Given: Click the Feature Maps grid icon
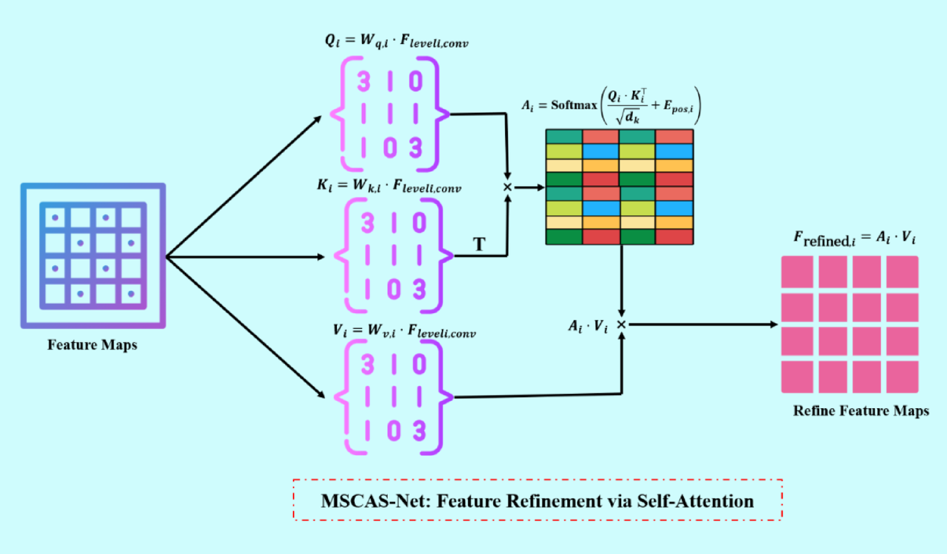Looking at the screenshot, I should (93, 256).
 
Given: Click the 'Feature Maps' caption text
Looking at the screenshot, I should (92, 345).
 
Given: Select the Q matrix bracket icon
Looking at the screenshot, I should (390, 114).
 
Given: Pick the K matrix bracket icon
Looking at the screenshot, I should (393, 255).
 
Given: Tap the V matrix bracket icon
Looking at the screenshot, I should (393, 397).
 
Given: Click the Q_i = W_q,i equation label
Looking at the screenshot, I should (396, 42).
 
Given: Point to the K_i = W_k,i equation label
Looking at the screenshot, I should (389, 186).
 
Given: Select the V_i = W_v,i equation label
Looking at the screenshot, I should (404, 331).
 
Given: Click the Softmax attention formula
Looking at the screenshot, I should (611, 105).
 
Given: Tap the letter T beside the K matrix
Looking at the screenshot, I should (479, 244).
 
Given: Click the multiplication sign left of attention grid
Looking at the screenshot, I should (507, 187).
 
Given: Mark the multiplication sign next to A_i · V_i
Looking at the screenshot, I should (621, 324).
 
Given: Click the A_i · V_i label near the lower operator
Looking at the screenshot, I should (588, 326).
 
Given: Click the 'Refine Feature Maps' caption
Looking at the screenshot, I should (861, 411).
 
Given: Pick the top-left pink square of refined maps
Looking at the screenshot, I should (797, 272).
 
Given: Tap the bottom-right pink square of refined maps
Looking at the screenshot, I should (902, 377).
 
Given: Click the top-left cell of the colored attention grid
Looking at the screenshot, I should (563, 136).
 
